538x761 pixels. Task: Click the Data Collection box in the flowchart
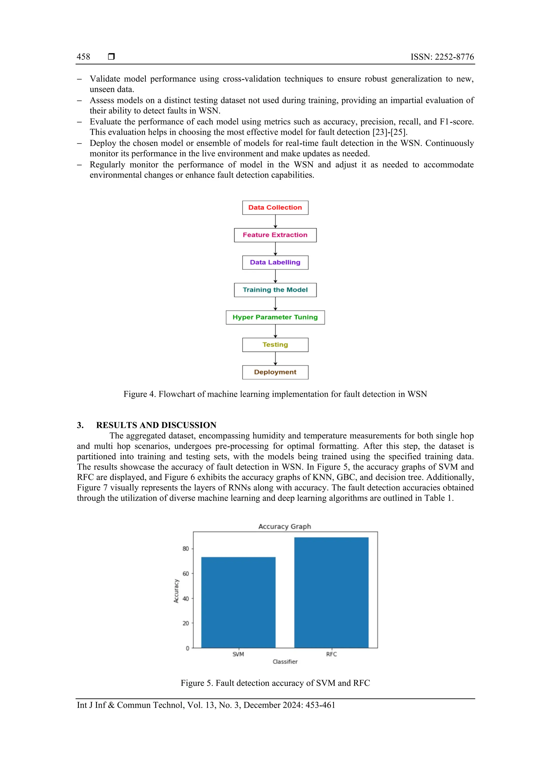pyautogui.click(x=275, y=208)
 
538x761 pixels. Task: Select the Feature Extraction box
pyautogui.click(x=275, y=235)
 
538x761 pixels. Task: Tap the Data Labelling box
pyautogui.click(x=275, y=262)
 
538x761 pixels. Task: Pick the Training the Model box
pyautogui.click(x=275, y=290)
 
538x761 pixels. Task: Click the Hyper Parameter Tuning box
pyautogui.click(x=275, y=317)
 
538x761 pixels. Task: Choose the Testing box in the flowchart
pyautogui.click(x=275, y=345)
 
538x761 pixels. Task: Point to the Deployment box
pyautogui.click(x=275, y=372)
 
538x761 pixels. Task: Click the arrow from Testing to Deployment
pyautogui.click(x=275, y=358)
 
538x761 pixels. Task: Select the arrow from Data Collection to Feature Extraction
pyautogui.click(x=275, y=221)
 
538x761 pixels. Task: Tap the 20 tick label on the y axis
pyautogui.click(x=186, y=623)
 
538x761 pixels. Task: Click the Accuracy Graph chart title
pyautogui.click(x=284, y=526)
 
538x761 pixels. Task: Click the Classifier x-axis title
pyautogui.click(x=285, y=661)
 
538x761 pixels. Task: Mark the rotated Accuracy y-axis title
pyautogui.click(x=176, y=591)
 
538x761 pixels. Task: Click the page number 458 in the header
pyautogui.click(x=83, y=57)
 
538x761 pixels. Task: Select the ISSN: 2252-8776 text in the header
pyautogui.click(x=442, y=57)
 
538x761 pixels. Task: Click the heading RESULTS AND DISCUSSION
pyautogui.click(x=156, y=425)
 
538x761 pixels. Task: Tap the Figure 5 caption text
pyautogui.click(x=275, y=683)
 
